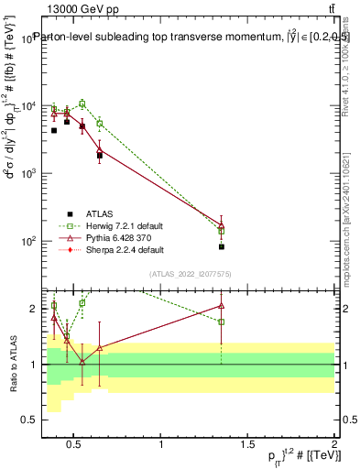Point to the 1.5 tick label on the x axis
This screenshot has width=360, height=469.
pyautogui.click(x=247, y=444)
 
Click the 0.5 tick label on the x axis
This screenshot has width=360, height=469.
pyautogui.click(x=75, y=444)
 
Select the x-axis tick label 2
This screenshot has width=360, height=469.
pyautogui.click(x=334, y=444)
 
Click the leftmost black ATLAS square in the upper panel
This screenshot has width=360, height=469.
pyautogui.click(x=54, y=131)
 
